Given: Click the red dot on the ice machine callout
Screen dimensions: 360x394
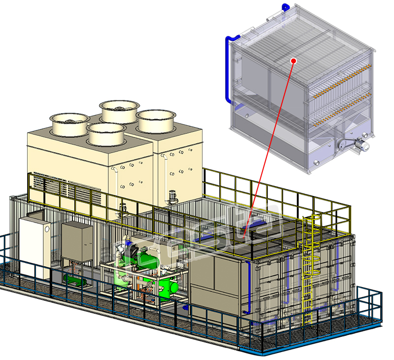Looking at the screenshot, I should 294,61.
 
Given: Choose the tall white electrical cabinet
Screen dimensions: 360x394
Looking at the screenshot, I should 34,246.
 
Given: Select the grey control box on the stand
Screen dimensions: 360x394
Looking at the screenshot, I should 76,241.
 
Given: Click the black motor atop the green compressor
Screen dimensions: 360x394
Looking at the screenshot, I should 131,251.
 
